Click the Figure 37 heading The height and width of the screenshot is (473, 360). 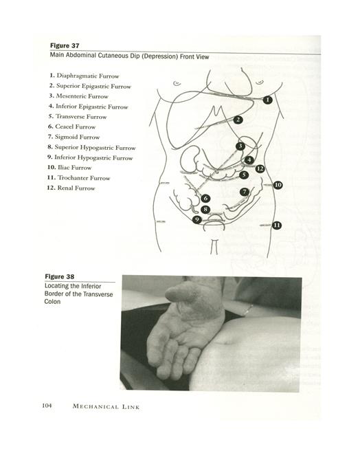click(65, 45)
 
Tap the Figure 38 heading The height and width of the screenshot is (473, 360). click(59, 276)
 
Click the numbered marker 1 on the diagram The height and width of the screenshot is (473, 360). click(267, 100)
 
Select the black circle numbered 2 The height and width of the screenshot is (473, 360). click(238, 120)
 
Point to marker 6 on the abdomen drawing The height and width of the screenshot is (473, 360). click(205, 198)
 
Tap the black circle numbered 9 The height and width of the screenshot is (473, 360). click(197, 219)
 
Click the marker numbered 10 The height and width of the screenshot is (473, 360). click(278, 185)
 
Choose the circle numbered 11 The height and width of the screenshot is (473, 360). click(277, 225)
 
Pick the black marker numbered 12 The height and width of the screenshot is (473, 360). click(260, 169)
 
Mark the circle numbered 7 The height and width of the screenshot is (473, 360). click(245, 192)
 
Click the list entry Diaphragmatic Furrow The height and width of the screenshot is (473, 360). click(85, 76)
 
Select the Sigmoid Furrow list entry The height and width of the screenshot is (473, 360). click(74, 137)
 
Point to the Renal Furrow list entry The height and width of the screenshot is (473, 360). click(71, 188)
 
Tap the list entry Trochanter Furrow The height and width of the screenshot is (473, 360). click(78, 177)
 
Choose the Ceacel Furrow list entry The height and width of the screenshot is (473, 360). click(71, 126)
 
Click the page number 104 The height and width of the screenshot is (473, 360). click(47, 406)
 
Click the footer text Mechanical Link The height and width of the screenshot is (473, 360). click(106, 406)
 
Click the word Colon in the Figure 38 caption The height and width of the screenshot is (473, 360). click(52, 302)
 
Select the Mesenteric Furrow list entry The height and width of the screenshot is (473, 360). click(79, 96)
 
